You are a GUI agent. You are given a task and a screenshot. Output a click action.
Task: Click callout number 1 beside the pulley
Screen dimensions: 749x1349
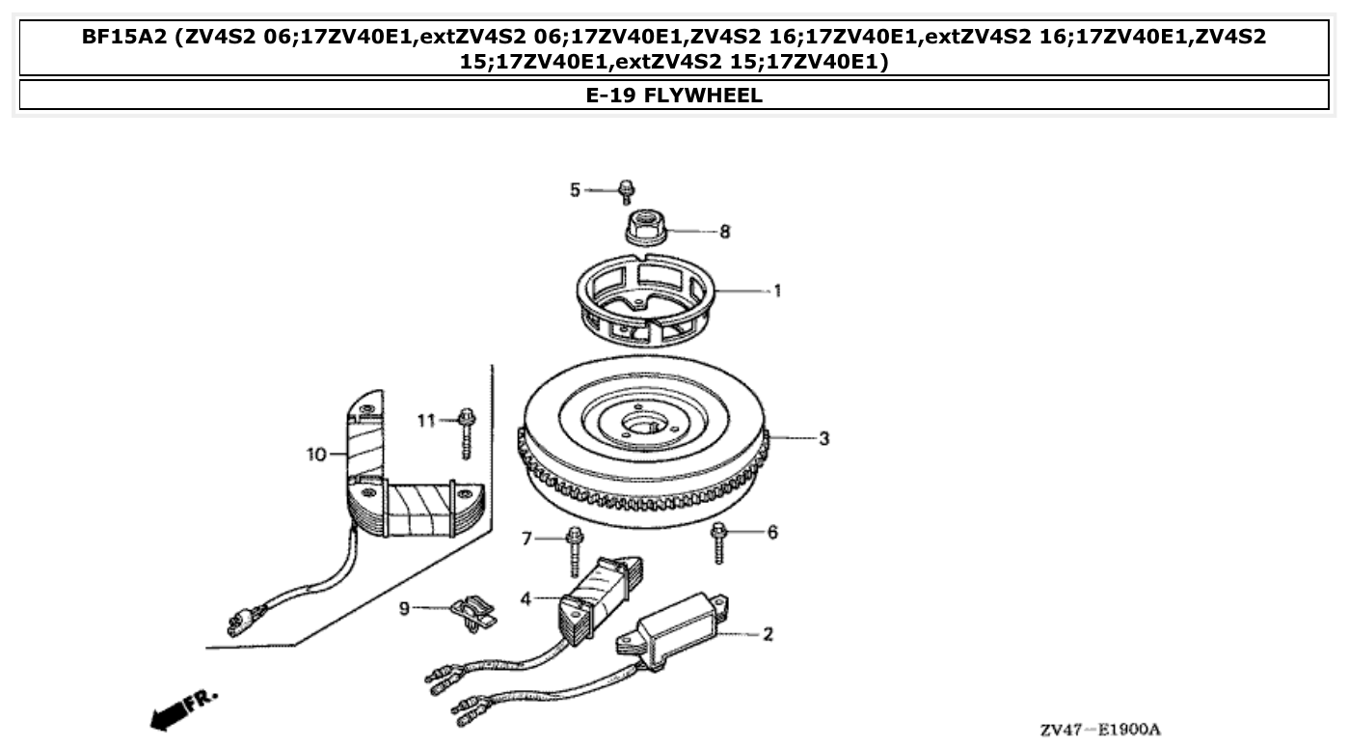777,291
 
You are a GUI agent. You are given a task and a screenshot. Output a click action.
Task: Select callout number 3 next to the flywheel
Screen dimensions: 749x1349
823,438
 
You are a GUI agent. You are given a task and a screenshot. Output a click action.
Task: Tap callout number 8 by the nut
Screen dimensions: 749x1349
725,232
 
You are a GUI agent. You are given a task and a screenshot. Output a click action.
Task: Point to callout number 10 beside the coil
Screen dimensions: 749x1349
316,454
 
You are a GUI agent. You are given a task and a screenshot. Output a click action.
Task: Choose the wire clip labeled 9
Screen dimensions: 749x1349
472,613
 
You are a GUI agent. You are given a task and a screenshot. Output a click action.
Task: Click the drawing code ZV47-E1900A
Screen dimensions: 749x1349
1099,730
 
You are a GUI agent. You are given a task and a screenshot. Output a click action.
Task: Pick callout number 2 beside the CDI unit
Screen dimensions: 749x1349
768,635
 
